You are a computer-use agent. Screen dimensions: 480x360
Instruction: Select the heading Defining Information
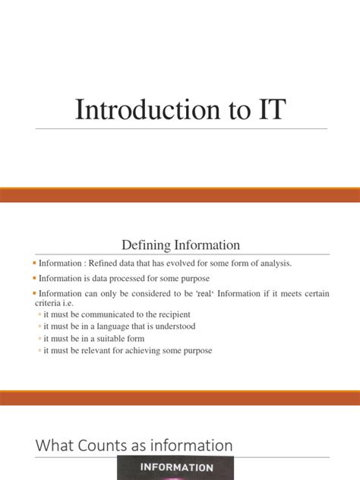[x=181, y=245]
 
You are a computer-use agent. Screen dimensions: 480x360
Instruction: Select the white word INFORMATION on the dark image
[x=175, y=469]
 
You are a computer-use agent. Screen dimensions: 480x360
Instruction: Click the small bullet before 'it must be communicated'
[x=39, y=314]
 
